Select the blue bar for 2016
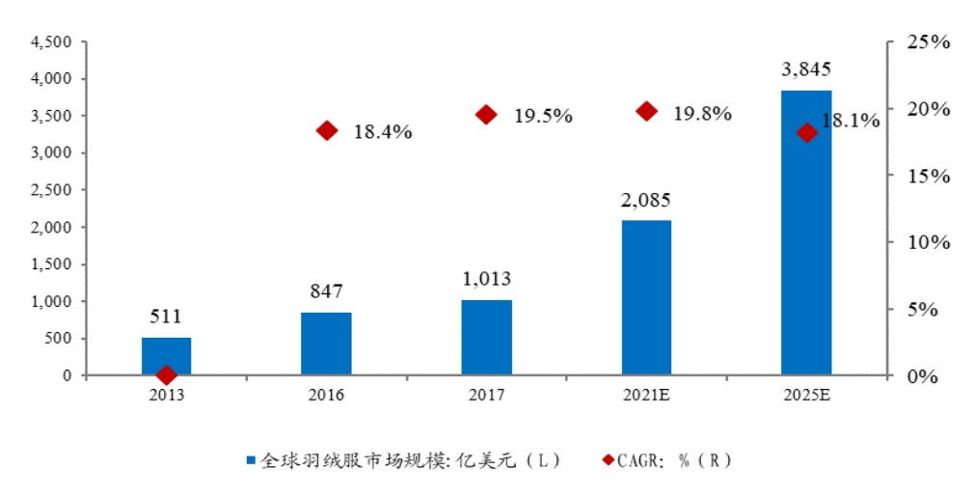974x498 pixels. click(x=326, y=344)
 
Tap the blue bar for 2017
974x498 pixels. click(x=486, y=337)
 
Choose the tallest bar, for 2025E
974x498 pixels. click(x=806, y=232)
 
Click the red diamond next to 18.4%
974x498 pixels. click(x=327, y=131)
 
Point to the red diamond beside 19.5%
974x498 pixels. click(x=486, y=115)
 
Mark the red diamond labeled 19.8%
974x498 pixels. click(x=647, y=112)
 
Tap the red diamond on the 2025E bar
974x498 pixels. click(x=806, y=133)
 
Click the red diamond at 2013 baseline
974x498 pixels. click(x=166, y=374)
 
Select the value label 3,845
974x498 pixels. click(x=806, y=69)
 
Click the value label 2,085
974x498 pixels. click(x=646, y=201)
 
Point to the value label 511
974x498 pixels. click(x=166, y=317)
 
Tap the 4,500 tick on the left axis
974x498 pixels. click(x=53, y=42)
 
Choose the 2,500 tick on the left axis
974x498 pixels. click(x=53, y=190)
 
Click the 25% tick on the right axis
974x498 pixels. click(x=928, y=42)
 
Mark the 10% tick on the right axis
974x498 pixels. click(x=928, y=242)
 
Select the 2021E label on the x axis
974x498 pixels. click(x=646, y=395)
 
